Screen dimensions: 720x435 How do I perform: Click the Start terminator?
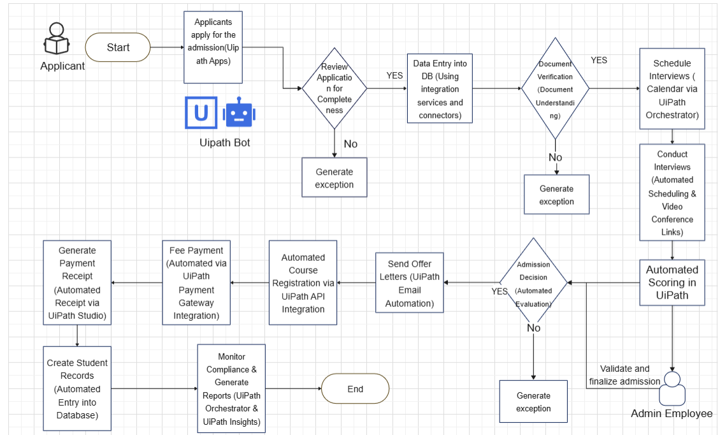point(117,47)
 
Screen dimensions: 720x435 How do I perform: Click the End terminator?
point(355,388)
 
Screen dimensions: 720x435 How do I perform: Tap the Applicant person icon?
point(57,39)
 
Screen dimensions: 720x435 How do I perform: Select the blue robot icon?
point(239,112)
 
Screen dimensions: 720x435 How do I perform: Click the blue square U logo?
point(201,112)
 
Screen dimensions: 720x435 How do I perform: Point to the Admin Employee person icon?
point(672,388)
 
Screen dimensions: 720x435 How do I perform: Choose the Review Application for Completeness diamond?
point(335,88)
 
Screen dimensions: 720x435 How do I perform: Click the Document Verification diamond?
point(555,88)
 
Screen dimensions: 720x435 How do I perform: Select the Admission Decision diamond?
point(533,283)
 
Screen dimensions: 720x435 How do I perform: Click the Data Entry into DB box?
point(440,89)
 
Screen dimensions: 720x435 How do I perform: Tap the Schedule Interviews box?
point(672,89)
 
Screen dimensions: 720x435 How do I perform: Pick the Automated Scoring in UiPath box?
point(672,283)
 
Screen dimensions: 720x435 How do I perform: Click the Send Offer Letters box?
point(410,283)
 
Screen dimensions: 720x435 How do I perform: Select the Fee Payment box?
point(196,283)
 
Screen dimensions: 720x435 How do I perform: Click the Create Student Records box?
point(77,388)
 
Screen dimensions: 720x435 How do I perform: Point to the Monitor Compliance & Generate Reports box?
point(231,388)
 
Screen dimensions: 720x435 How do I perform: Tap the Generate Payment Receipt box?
point(77,283)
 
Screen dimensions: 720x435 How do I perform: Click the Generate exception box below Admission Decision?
point(533,401)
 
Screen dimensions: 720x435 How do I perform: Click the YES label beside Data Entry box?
point(394,75)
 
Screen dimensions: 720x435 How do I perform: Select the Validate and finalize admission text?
point(624,375)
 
